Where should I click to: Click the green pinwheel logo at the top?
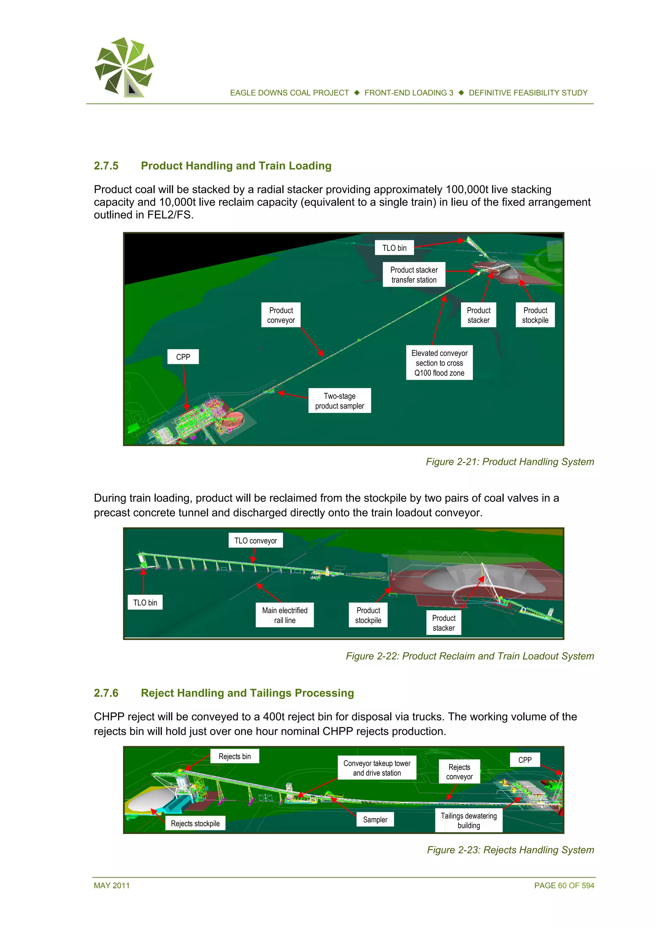[x=124, y=67]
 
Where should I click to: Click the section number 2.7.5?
[x=106, y=166]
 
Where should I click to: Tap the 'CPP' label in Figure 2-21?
[x=183, y=357]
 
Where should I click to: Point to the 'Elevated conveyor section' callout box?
[x=439, y=363]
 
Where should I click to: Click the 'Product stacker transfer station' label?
[x=414, y=275]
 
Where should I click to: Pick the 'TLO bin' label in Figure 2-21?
[x=394, y=248]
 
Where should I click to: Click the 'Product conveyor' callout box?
[x=281, y=315]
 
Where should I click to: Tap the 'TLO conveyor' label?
[x=255, y=541]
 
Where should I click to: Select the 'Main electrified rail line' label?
[x=285, y=615]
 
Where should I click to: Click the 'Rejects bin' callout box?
[x=235, y=756]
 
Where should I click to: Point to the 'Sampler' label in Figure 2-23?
[x=375, y=819]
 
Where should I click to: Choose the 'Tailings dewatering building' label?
[x=468, y=820]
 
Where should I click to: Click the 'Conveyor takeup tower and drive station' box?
[x=377, y=768]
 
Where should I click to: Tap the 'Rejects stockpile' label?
[x=195, y=823]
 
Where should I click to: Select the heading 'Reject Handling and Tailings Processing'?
[x=247, y=693]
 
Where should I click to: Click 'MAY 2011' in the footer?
[x=112, y=885]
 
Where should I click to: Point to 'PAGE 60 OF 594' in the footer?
[x=564, y=885]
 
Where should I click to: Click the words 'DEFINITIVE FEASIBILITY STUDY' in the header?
[x=528, y=93]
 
